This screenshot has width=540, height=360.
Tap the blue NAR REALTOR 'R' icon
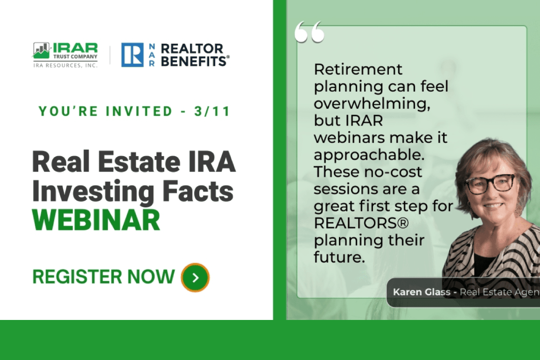point(132,55)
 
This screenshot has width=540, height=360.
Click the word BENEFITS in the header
point(195,61)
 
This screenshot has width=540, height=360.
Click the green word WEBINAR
point(96,219)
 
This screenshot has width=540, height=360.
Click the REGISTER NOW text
point(103,276)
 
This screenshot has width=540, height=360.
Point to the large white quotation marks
point(309,32)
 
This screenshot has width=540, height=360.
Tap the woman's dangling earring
point(519,209)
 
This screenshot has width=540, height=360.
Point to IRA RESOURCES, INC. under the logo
point(65,65)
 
